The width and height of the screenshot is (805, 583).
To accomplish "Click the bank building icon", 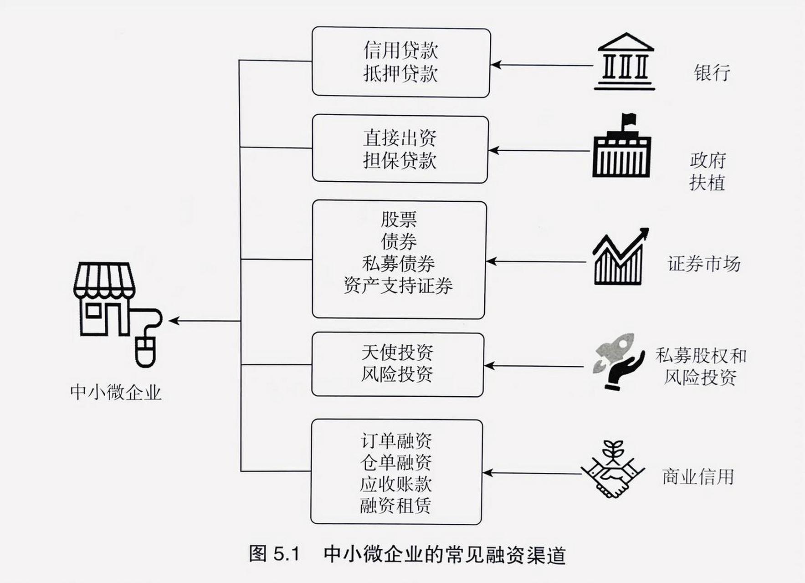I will pyautogui.click(x=625, y=62).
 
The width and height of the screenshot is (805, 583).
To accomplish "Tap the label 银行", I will pyautogui.click(x=712, y=72).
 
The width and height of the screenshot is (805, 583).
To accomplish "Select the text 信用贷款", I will pyautogui.click(x=400, y=50).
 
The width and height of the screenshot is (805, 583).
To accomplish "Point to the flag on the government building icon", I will pyautogui.click(x=629, y=119).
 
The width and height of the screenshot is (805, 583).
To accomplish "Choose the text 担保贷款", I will pyautogui.click(x=400, y=160).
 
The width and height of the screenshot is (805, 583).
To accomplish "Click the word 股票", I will pyautogui.click(x=399, y=219).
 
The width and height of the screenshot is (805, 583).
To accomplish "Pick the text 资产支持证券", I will pyautogui.click(x=398, y=286).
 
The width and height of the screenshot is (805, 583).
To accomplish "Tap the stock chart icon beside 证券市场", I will pyautogui.click(x=620, y=257).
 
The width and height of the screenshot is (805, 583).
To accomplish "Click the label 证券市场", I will pyautogui.click(x=704, y=264).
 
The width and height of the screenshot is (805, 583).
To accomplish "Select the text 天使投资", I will pyautogui.click(x=397, y=352).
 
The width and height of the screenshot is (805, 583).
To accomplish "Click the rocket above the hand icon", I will pyautogui.click(x=616, y=351).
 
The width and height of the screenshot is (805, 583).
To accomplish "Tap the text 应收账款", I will pyautogui.click(x=395, y=484).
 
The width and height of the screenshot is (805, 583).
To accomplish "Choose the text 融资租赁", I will pyautogui.click(x=395, y=506).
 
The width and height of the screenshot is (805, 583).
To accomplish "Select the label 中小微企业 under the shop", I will pyautogui.click(x=116, y=392).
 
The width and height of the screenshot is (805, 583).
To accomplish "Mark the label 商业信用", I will pyautogui.click(x=698, y=476).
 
